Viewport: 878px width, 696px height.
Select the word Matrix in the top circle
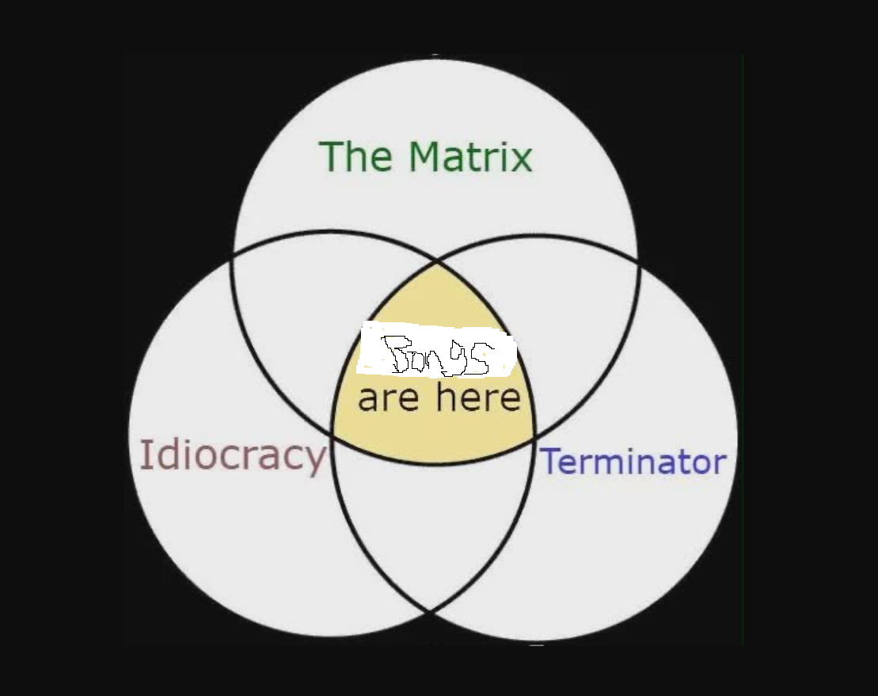pyautogui.click(x=470, y=156)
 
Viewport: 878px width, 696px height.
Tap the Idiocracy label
pyautogui.click(x=232, y=455)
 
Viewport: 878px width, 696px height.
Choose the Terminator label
pyautogui.click(x=633, y=462)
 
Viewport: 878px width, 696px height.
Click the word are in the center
pyautogui.click(x=387, y=398)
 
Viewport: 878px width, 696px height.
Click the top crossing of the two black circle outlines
pyautogui.click(x=436, y=260)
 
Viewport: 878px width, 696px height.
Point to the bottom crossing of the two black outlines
pyautogui.click(x=431, y=611)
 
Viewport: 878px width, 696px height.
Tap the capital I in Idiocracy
pyautogui.click(x=144, y=454)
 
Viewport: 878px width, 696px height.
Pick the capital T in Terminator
pyautogui.click(x=549, y=462)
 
